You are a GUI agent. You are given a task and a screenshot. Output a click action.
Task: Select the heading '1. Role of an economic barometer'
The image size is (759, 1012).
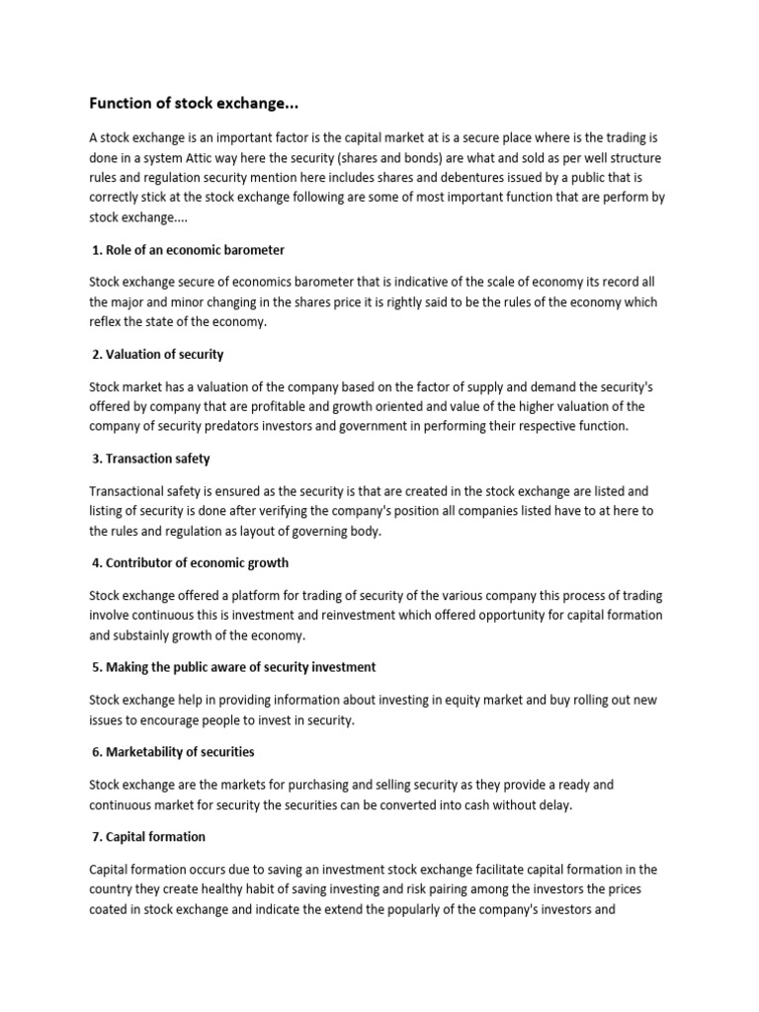189,250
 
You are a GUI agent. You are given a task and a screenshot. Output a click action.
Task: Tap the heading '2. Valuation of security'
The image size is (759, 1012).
158,354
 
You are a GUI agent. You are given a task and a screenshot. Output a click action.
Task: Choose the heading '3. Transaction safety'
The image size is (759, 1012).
151,459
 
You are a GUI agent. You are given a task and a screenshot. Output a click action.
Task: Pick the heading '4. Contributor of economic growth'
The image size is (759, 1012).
191,562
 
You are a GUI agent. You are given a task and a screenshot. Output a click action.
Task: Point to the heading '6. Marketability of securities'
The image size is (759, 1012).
173,752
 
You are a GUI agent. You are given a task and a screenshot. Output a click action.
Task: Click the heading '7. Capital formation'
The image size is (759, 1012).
148,837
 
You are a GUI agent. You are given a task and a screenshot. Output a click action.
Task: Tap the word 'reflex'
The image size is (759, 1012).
105,322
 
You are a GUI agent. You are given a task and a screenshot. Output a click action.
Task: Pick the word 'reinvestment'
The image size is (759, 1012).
355,615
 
